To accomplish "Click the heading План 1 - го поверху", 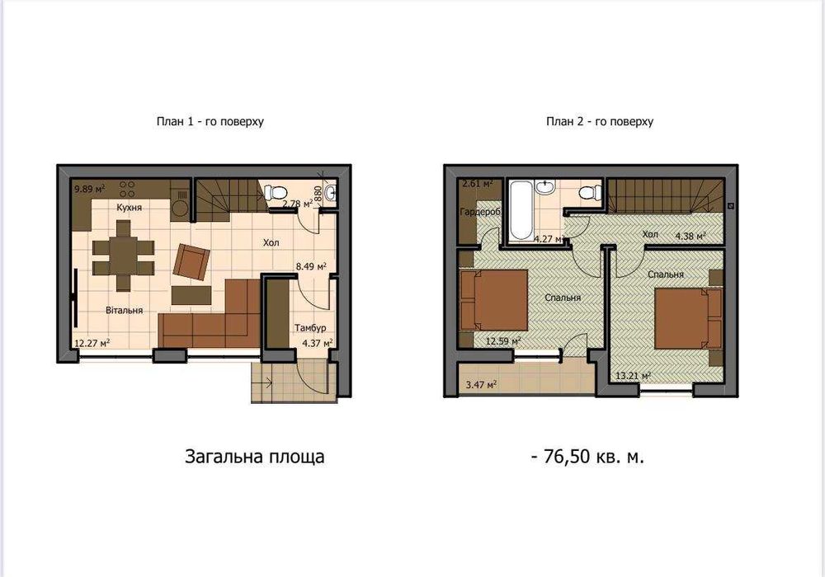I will point(210,121).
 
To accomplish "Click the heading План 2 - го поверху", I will point(600,121).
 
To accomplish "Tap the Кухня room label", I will point(129,207).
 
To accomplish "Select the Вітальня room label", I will point(125,310).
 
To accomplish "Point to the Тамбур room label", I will point(310,327).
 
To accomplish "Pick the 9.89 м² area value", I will point(89,189).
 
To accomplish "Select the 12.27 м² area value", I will point(92,343).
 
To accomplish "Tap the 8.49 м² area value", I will point(311,266).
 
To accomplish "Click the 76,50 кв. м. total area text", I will point(587,457).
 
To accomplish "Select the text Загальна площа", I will point(254,457).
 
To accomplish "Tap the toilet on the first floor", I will point(272,193).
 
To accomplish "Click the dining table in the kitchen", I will point(124,256).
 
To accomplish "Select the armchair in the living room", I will point(191,261).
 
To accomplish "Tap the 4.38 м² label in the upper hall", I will point(690,236).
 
